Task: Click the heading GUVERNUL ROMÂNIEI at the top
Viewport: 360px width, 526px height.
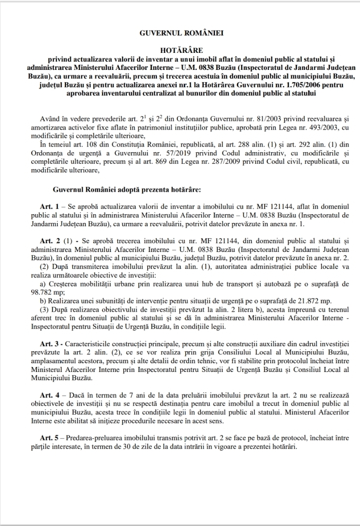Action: [180, 33]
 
